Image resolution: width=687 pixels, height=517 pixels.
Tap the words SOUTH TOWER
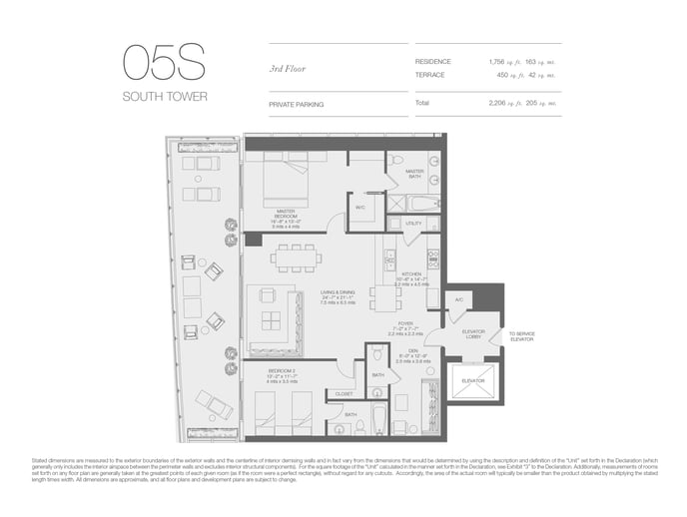point(165,97)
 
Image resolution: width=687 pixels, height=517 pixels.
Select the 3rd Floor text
point(287,68)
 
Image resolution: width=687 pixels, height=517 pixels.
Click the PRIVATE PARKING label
point(296,103)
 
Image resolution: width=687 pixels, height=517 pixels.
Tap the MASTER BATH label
point(414,174)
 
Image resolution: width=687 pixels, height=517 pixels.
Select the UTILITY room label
point(413,224)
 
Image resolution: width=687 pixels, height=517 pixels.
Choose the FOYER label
point(404,322)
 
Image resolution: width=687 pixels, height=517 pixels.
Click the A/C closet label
point(458,299)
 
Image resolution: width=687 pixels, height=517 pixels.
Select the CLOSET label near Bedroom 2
point(344,393)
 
